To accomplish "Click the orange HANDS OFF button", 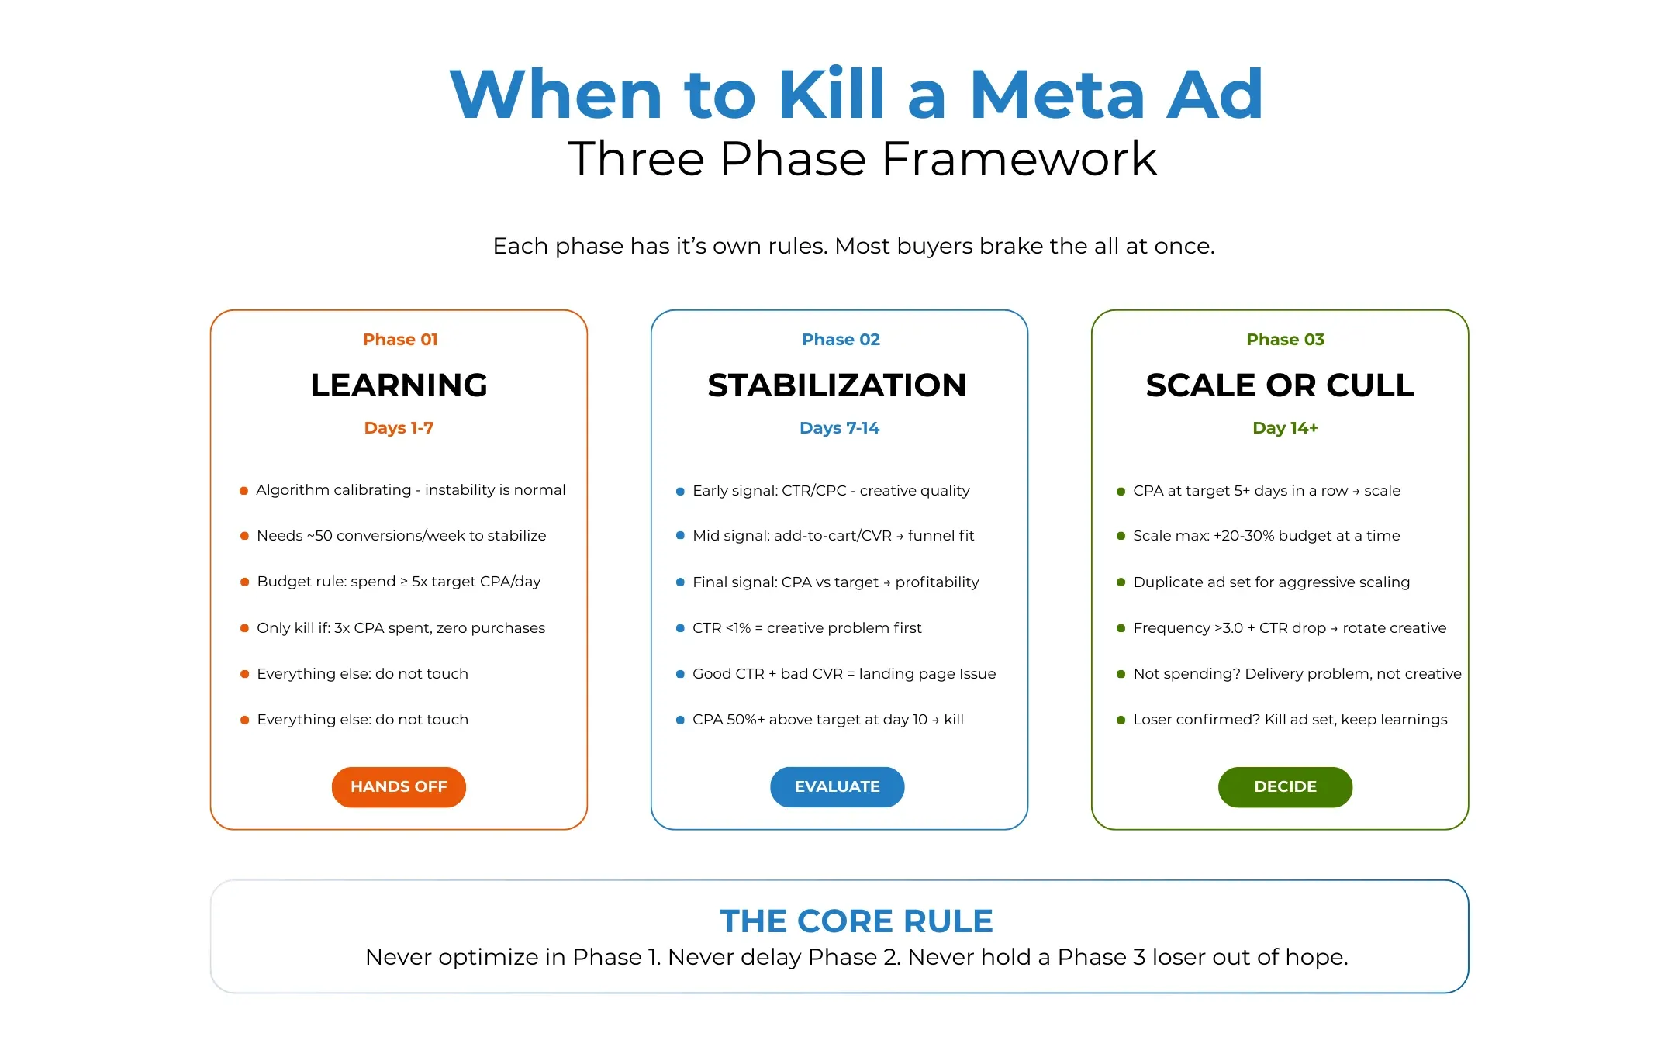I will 399,786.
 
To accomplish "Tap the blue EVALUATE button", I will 837,786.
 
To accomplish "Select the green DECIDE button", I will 1285,786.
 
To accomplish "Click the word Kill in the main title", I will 831,95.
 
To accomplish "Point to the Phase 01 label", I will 400,340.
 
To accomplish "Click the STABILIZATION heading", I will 837,385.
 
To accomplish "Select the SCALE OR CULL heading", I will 1280,385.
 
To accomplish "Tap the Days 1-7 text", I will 399,428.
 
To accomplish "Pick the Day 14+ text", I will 1285,428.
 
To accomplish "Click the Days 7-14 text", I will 839,428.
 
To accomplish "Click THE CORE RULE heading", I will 856,921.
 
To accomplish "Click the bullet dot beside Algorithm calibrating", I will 243,491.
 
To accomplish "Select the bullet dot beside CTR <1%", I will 680,628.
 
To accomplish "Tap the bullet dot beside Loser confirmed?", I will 1121,720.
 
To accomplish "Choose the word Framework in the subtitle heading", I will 1019,159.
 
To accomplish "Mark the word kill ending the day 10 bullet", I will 954,720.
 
